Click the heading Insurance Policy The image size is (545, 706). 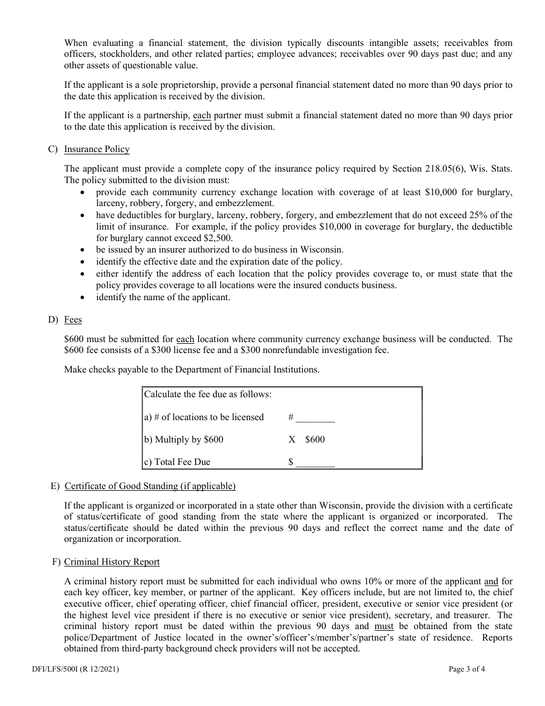tap(96, 149)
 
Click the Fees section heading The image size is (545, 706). tap(73, 320)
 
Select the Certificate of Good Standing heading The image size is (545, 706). tap(150, 486)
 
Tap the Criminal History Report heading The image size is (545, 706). tap(112, 562)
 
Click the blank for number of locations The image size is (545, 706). tap(315, 418)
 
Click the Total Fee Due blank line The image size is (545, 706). tap(315, 462)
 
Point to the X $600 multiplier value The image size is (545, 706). tap(307, 440)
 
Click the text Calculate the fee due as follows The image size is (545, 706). tap(208, 394)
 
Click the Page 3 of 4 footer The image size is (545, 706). tap(466, 669)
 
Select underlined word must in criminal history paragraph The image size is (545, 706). tap(384, 626)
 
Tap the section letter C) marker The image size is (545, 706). tap(53, 149)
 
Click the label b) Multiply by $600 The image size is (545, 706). tap(184, 440)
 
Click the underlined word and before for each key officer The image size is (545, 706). tap(491, 580)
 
